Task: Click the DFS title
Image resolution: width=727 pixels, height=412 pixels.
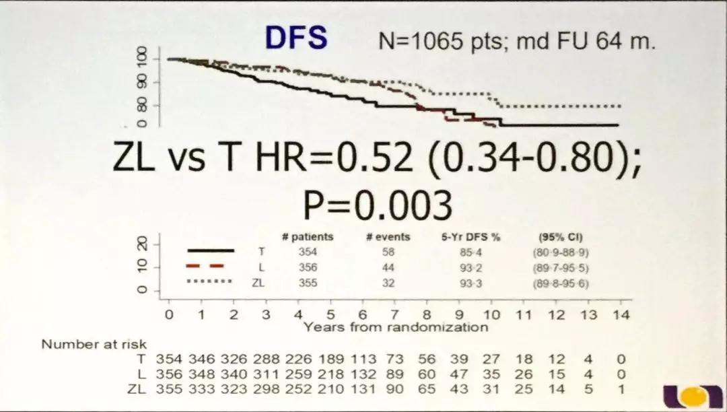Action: pyautogui.click(x=296, y=38)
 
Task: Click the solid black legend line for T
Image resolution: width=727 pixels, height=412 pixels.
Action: pyautogui.click(x=210, y=250)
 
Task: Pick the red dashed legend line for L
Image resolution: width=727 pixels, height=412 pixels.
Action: pyautogui.click(x=210, y=266)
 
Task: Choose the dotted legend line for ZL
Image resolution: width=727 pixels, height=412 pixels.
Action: pyautogui.click(x=210, y=282)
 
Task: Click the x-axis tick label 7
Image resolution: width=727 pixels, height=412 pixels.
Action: pyautogui.click(x=394, y=315)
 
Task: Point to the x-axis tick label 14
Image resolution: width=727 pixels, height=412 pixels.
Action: pyautogui.click(x=621, y=315)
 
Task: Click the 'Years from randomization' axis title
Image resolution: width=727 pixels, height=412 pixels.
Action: pyautogui.click(x=396, y=327)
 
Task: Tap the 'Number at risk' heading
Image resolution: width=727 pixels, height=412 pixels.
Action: pyautogui.click(x=94, y=345)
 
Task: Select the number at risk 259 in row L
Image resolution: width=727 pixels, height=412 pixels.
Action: pyautogui.click(x=298, y=374)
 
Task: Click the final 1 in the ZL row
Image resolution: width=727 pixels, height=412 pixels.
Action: pyautogui.click(x=621, y=389)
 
